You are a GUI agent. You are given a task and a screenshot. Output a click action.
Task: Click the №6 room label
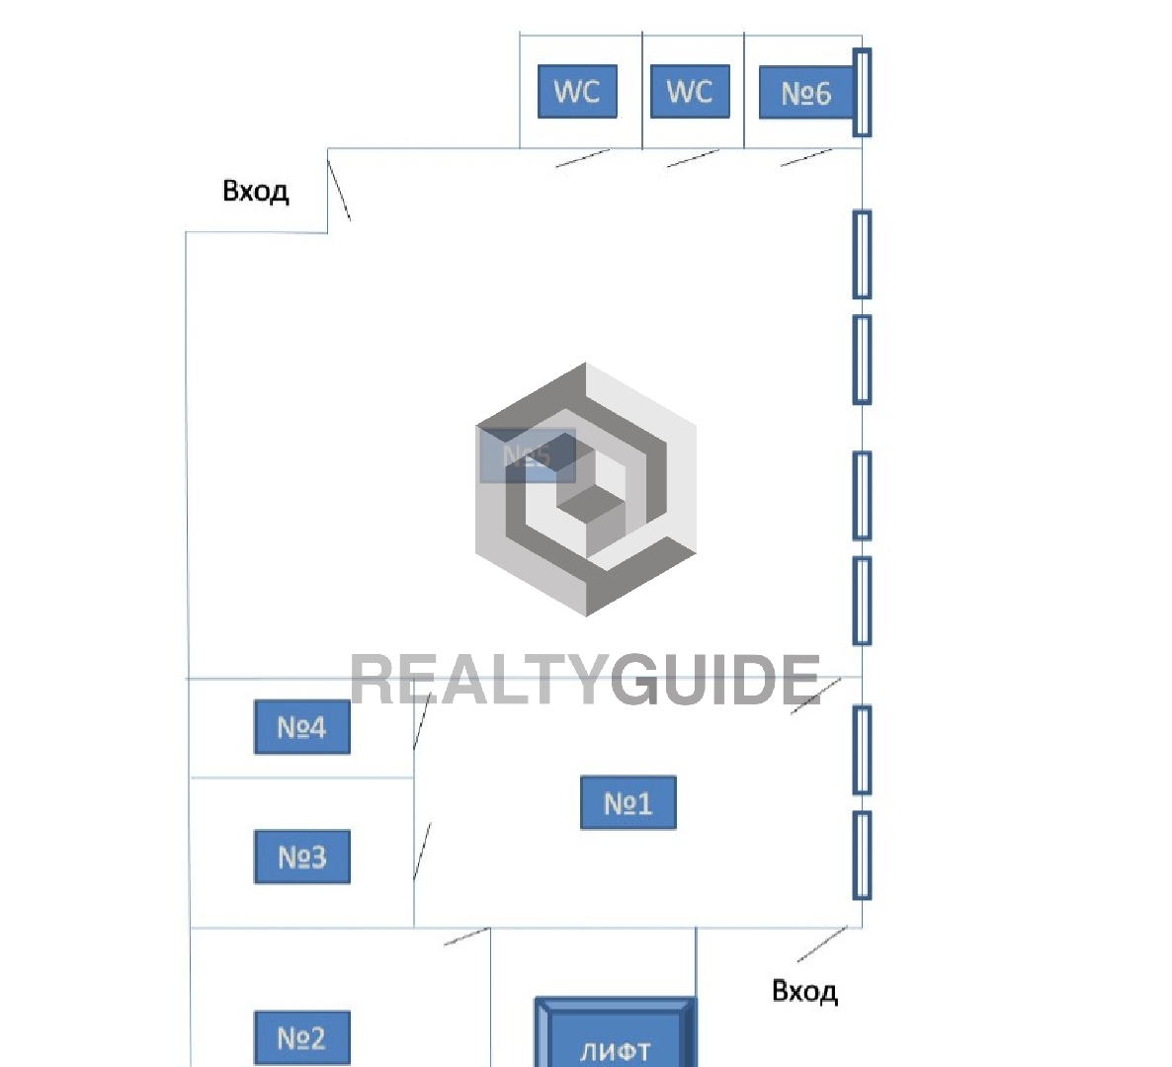click(805, 93)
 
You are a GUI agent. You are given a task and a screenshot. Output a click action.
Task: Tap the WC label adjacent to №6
click(690, 92)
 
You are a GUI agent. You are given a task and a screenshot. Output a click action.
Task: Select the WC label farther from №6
click(577, 92)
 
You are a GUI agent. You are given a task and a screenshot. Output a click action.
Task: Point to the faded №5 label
click(527, 455)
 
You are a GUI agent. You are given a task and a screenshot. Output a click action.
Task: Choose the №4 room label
click(301, 727)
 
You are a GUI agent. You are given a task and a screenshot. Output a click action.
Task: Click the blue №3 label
click(301, 857)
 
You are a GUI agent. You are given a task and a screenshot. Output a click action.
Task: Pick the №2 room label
click(301, 1037)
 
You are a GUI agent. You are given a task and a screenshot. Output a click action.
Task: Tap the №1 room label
click(628, 802)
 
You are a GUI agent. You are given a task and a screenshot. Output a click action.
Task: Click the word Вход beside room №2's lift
click(804, 991)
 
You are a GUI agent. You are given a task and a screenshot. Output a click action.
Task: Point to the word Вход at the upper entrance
click(256, 191)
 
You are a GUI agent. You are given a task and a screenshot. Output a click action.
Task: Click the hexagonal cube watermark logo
click(586, 489)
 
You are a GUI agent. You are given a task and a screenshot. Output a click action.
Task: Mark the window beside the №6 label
click(862, 92)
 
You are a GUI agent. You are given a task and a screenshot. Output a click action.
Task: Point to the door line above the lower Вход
click(822, 944)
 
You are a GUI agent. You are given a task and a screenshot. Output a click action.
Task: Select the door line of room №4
click(420, 725)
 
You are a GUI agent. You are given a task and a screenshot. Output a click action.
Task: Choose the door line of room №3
click(422, 851)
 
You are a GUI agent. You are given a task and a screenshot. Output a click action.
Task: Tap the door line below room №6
click(806, 157)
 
